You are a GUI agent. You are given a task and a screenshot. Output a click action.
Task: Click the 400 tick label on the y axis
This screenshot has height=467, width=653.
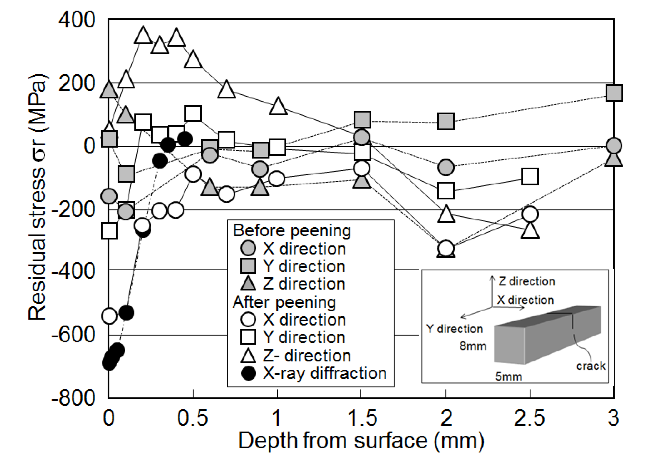pyautogui.click(x=77, y=20)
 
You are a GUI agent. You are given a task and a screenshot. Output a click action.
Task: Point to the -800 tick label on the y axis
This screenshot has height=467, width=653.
pyautogui.click(x=73, y=398)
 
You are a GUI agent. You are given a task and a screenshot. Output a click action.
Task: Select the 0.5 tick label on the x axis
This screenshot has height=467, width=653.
pyautogui.click(x=192, y=418)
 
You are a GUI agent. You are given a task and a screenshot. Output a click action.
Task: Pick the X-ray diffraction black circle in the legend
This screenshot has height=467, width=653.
pyautogui.click(x=248, y=373)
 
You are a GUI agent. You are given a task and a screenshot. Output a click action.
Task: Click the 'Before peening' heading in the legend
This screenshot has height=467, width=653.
pyautogui.click(x=292, y=231)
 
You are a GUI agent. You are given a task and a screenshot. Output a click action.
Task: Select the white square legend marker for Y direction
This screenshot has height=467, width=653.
pyautogui.click(x=248, y=337)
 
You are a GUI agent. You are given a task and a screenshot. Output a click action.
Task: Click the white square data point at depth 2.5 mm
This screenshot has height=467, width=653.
pyautogui.click(x=530, y=176)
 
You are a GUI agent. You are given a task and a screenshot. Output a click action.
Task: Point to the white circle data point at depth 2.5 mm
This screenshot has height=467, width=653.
pyautogui.click(x=530, y=214)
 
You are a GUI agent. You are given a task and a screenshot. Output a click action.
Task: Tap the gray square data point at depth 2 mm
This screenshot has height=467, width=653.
pyautogui.click(x=446, y=121)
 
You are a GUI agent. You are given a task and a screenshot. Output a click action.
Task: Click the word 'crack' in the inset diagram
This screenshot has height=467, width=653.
pyautogui.click(x=591, y=366)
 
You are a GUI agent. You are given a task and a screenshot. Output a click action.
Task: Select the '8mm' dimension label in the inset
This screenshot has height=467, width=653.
pyautogui.click(x=473, y=346)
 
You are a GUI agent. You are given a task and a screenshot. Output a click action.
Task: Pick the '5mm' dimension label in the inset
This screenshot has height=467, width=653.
pyautogui.click(x=509, y=376)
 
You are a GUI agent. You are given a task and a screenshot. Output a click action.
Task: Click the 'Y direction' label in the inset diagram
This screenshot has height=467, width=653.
pyautogui.click(x=454, y=329)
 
